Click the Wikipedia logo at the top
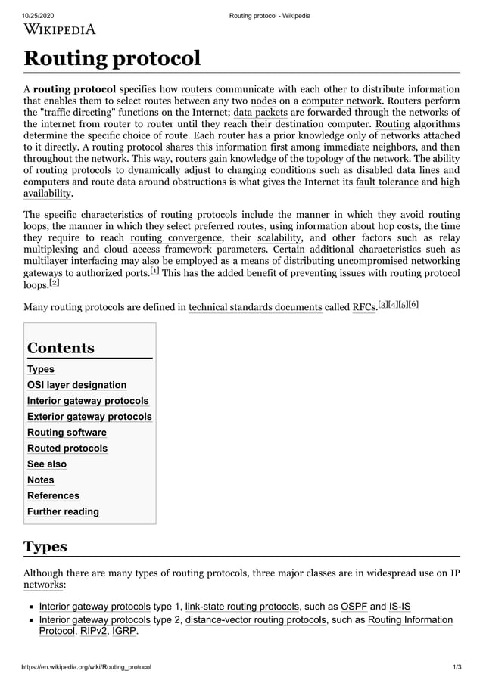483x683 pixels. coord(60,29)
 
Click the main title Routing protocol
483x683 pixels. coord(112,58)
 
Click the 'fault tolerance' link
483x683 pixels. coord(386,182)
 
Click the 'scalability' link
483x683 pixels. coord(279,239)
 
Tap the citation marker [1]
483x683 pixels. coord(154,270)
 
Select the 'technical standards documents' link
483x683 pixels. coord(255,307)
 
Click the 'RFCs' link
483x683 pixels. coord(364,307)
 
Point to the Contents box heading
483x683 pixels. coord(61,348)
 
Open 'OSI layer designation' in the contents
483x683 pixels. coord(76,385)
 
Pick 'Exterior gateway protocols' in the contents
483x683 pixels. coord(89,417)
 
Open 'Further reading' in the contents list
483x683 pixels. coord(63,511)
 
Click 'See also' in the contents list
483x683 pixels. coord(47,464)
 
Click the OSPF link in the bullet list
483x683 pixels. coord(354,606)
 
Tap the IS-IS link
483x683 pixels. coord(400,606)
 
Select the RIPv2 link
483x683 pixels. coord(94,632)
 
